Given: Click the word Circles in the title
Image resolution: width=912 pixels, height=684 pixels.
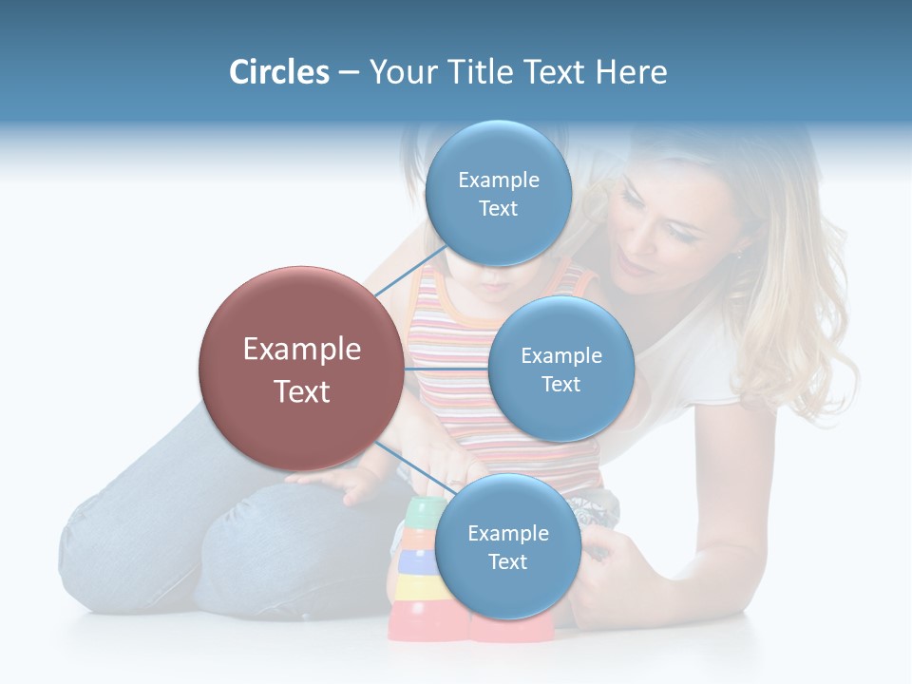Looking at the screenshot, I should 279,72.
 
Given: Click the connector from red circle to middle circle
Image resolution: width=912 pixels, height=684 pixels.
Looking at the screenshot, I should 446,369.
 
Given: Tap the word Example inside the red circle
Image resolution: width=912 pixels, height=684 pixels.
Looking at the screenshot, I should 302,350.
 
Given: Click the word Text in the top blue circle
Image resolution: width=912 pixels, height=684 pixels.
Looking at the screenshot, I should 498,208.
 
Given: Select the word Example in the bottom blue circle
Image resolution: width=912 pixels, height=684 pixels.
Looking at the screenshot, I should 507,534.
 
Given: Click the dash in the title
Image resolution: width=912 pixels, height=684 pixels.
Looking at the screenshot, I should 349,72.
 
